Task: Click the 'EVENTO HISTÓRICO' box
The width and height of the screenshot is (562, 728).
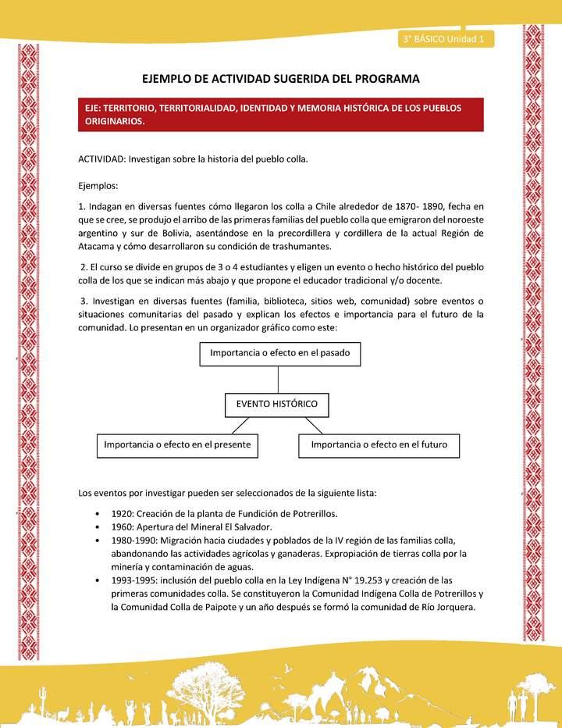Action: (277, 405)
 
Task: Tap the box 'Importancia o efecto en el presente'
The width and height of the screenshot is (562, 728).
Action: (177, 445)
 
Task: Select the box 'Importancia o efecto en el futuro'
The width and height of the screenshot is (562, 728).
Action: (379, 445)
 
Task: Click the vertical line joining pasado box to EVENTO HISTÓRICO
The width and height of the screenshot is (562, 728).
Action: (277, 379)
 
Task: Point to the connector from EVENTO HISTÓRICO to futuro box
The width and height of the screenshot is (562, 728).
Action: (314, 425)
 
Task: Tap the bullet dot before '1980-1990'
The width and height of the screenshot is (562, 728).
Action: (96, 541)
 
